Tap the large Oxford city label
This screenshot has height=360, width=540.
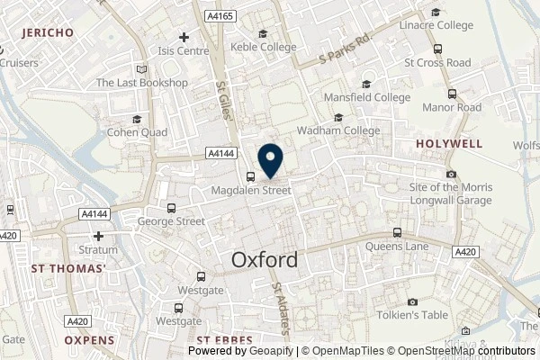(264, 260)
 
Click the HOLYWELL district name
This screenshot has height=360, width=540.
(447, 143)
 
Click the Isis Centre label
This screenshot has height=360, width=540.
(184, 50)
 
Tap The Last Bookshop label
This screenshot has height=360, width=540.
(142, 83)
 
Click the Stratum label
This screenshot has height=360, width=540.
(100, 249)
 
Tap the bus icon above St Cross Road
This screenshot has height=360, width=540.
(437, 49)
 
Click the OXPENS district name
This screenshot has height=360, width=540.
(90, 339)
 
